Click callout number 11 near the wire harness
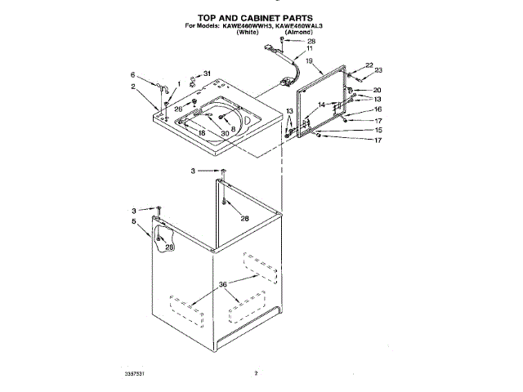[x=309, y=49]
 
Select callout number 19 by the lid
[x=310, y=60]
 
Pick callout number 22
[x=369, y=65]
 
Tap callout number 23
[x=378, y=71]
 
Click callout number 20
[x=378, y=89]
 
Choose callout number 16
[x=378, y=109]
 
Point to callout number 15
[x=378, y=130]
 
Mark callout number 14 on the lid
[x=322, y=105]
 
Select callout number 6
[x=132, y=75]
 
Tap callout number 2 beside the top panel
[x=132, y=85]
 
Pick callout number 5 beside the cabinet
[x=134, y=221]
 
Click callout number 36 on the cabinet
[x=221, y=284]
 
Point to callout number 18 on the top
[x=201, y=132]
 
